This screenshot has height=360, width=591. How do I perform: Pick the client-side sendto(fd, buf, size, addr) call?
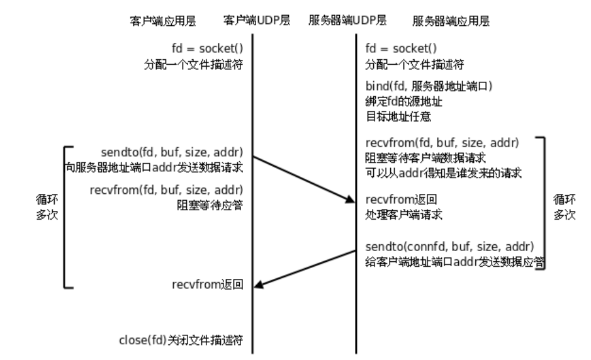(172, 154)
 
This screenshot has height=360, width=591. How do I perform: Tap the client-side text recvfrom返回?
(208, 285)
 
